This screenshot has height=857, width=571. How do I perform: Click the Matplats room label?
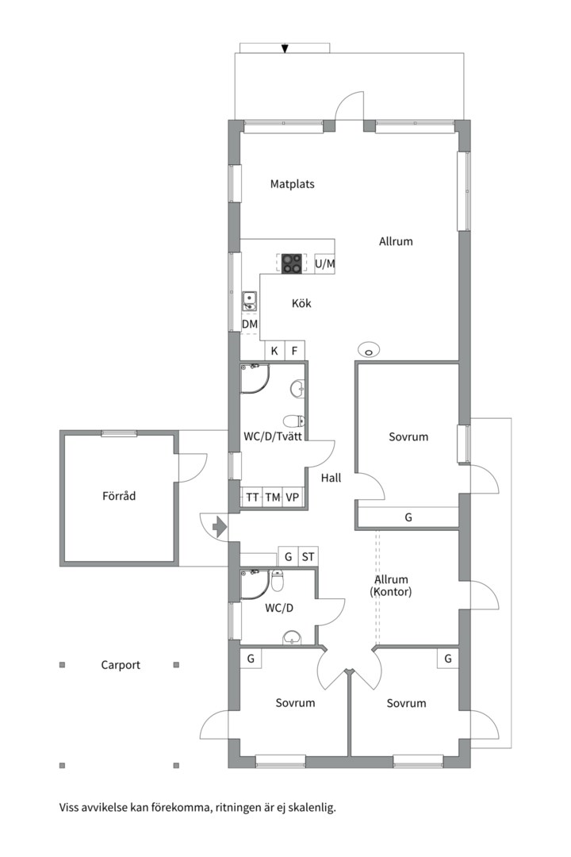[x=293, y=184]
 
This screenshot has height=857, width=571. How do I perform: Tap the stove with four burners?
[x=292, y=263]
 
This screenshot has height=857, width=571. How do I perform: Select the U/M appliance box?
[x=324, y=264]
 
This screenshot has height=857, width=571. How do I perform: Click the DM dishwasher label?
[x=250, y=324]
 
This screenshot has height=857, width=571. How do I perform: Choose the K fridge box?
[x=274, y=351]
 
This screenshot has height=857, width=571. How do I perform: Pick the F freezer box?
[x=294, y=351]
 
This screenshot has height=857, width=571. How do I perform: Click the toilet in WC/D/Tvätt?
[x=294, y=421]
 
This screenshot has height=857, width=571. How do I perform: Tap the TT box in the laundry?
[x=252, y=498]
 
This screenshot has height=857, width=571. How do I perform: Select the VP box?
[x=293, y=498]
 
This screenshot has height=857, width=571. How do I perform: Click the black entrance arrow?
[x=219, y=527]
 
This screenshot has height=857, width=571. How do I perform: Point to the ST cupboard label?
[x=308, y=557]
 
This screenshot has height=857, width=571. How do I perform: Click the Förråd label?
[x=119, y=496]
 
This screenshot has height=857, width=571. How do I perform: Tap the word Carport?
[x=121, y=665]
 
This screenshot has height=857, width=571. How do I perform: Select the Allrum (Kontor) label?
[x=391, y=586]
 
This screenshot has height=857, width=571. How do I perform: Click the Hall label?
[x=331, y=478]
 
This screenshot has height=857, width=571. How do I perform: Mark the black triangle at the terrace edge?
[x=285, y=48]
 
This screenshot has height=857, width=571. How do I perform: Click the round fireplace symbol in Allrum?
[x=368, y=351]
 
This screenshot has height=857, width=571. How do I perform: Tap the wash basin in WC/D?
[x=293, y=637]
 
